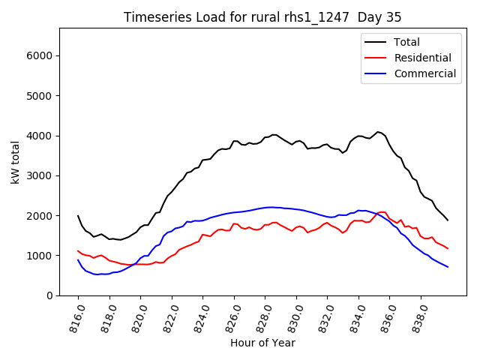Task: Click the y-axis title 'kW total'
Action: (x=16, y=162)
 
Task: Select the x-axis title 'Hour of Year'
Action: (x=262, y=343)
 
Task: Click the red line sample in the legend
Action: (x=376, y=58)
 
